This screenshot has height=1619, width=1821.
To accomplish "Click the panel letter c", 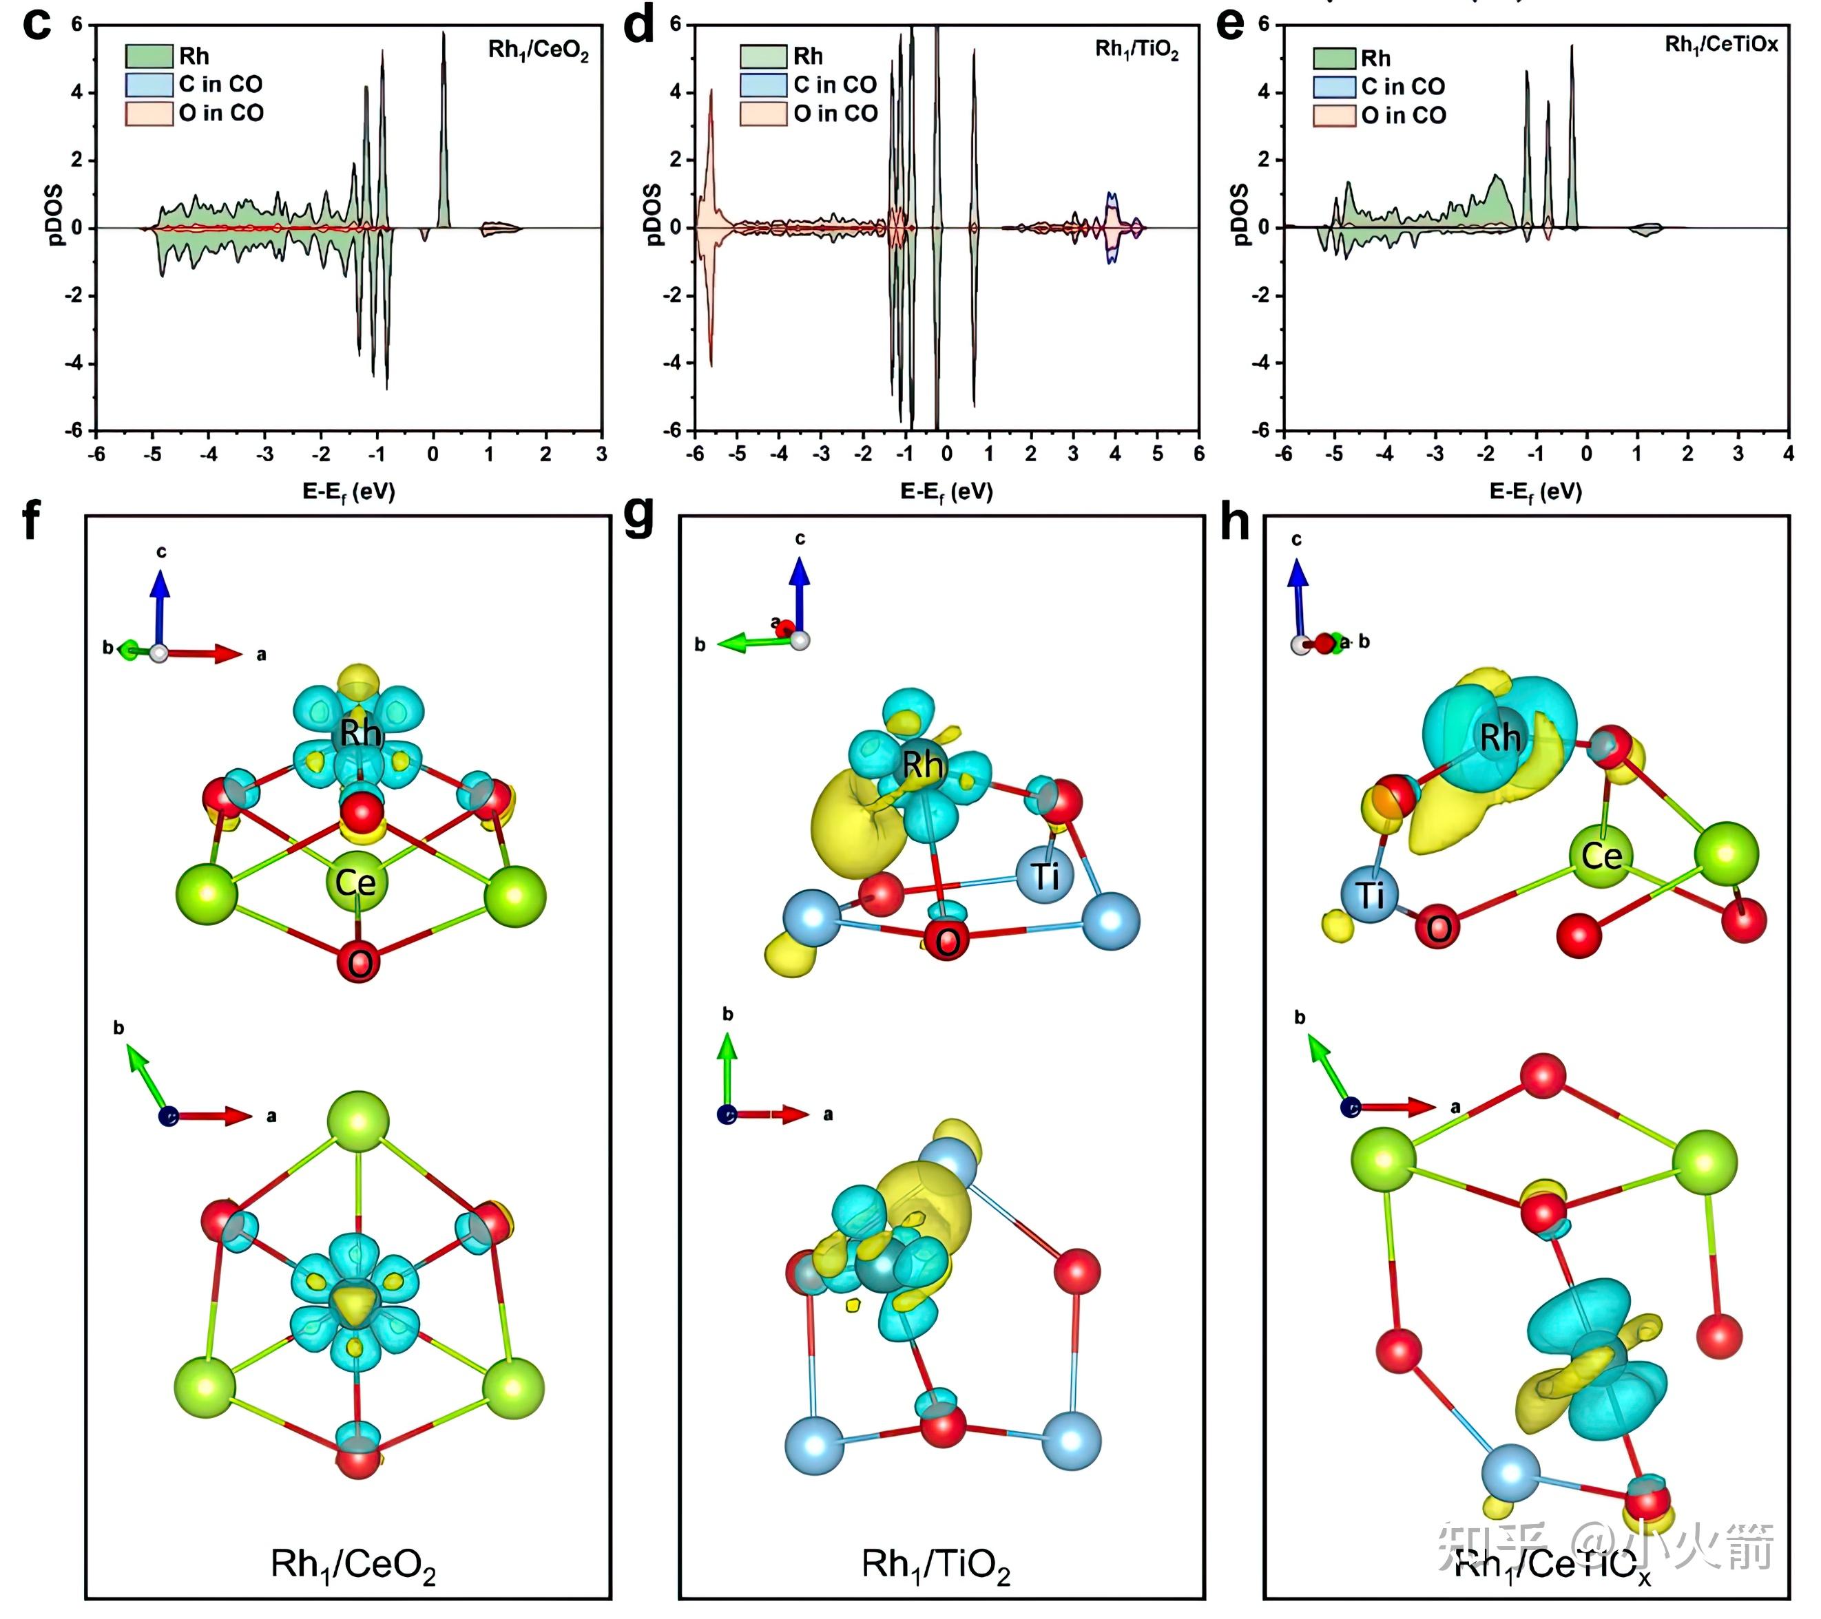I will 36,24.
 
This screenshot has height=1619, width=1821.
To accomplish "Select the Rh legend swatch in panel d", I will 762,56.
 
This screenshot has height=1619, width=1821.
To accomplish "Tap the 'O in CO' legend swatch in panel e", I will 1333,116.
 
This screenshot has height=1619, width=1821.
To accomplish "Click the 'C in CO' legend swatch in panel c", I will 148,85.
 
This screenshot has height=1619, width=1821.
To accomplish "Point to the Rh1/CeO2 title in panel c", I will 538,50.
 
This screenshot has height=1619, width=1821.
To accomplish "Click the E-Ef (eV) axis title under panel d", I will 946,491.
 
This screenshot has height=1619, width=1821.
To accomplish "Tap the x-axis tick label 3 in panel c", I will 601,454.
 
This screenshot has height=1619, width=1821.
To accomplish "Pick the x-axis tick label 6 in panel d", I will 1198,454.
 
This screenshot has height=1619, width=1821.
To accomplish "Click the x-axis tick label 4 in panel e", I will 1787,454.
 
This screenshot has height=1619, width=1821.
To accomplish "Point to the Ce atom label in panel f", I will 355,883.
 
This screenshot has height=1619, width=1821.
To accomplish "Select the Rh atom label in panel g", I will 922,764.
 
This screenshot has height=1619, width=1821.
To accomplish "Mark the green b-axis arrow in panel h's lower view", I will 1327,1071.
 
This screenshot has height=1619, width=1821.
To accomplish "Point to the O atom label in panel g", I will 947,941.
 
